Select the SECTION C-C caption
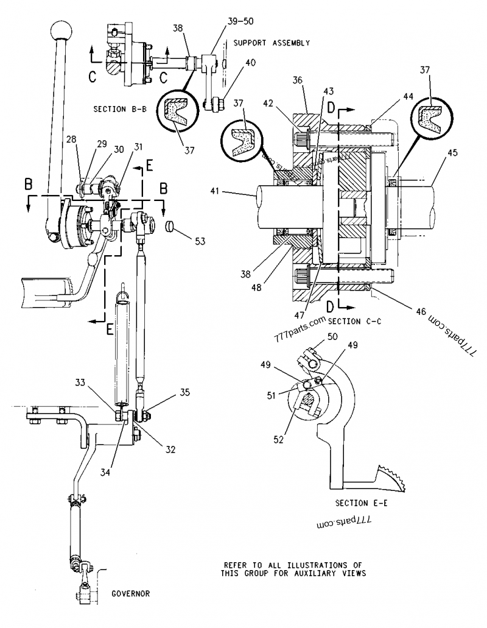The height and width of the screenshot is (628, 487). (354, 321)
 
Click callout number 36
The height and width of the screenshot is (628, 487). (297, 80)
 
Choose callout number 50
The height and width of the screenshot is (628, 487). (332, 336)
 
